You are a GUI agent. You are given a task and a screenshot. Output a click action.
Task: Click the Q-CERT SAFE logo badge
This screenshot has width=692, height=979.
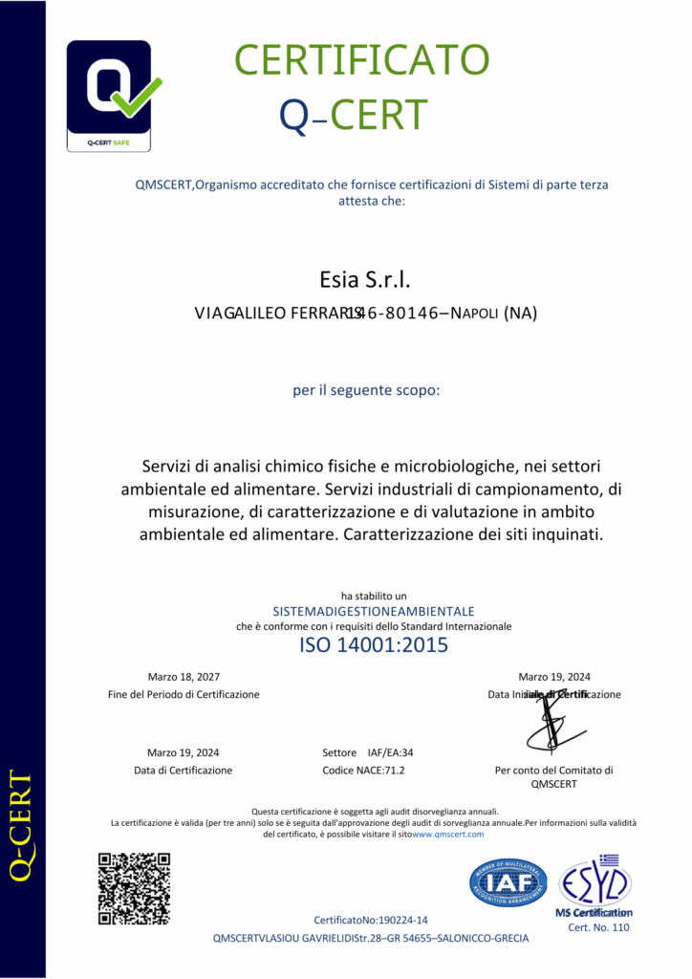[108, 96]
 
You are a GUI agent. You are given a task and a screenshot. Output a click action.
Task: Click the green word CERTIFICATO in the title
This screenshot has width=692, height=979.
[362, 61]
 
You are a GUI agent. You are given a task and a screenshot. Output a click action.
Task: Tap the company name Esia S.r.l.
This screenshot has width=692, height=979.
[364, 280]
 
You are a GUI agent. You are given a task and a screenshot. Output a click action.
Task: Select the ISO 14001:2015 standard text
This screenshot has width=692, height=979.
[374, 645]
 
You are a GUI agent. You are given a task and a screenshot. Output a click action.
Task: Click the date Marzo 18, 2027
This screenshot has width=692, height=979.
[184, 676]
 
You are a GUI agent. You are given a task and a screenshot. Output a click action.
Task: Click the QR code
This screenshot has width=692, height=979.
[134, 888]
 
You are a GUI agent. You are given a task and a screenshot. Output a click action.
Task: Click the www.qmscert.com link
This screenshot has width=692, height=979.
[447, 834]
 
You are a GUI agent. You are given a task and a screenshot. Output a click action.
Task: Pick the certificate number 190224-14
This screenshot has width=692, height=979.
[403, 919]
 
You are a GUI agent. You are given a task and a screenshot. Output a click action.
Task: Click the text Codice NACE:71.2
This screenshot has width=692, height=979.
[369, 770]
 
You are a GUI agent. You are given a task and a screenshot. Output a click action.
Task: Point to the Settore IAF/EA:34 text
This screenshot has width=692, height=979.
[369, 752]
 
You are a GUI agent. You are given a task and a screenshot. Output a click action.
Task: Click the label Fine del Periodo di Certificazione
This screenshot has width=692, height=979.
[184, 694]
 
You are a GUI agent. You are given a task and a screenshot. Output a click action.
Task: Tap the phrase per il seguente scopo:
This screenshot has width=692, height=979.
[366, 390]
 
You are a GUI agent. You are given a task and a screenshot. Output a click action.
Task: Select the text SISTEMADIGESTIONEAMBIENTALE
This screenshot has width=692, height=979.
[374, 611]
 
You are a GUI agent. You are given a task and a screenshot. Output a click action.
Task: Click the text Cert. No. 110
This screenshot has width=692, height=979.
[599, 927]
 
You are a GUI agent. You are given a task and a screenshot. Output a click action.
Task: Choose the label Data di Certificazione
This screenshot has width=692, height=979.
[184, 770]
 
